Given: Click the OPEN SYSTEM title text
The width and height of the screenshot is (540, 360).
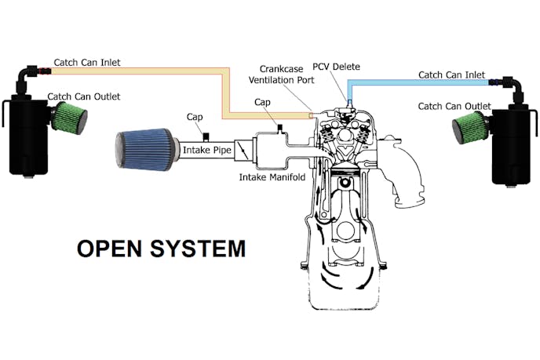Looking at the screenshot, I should [161, 249].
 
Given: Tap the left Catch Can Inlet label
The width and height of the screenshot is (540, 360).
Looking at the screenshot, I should [86, 61].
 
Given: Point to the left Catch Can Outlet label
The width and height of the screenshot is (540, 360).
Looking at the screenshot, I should [83, 97].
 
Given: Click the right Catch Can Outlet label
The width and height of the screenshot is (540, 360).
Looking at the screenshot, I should [455, 106].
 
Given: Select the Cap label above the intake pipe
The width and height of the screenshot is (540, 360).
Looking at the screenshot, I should [195, 117].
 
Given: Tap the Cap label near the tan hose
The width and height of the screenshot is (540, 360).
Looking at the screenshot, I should [264, 103].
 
